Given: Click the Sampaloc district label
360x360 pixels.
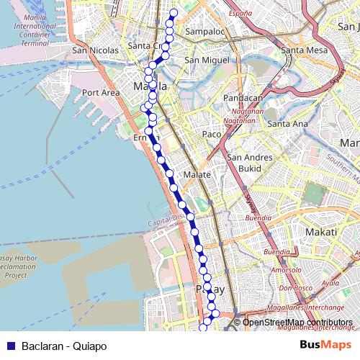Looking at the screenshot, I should [x=205, y=32].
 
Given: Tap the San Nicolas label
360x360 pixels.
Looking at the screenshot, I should [x=95, y=51].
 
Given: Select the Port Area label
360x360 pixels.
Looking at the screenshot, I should [x=101, y=93].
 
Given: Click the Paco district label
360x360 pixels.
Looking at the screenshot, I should [x=212, y=135].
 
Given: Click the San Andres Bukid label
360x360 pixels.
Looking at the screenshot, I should [x=249, y=162].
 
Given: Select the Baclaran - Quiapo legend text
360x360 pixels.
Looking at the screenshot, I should [x=64, y=346].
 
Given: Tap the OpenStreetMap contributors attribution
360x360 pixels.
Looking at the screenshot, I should [x=297, y=323].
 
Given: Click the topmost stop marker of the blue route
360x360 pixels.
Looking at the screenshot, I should [x=173, y=13].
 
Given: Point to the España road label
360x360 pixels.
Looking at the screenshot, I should [x=240, y=13].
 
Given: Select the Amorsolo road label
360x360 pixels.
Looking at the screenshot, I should [x=285, y=270].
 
